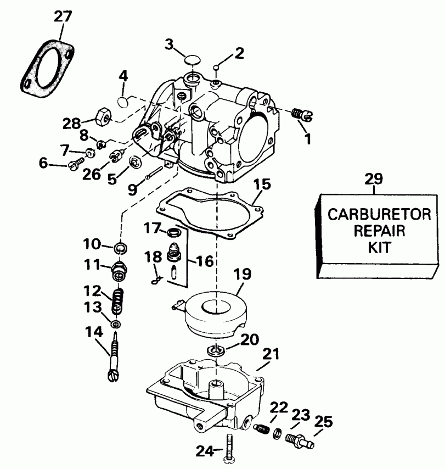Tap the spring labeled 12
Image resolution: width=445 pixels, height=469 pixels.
point(118,301)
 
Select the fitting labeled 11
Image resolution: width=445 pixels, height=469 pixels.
point(117,271)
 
